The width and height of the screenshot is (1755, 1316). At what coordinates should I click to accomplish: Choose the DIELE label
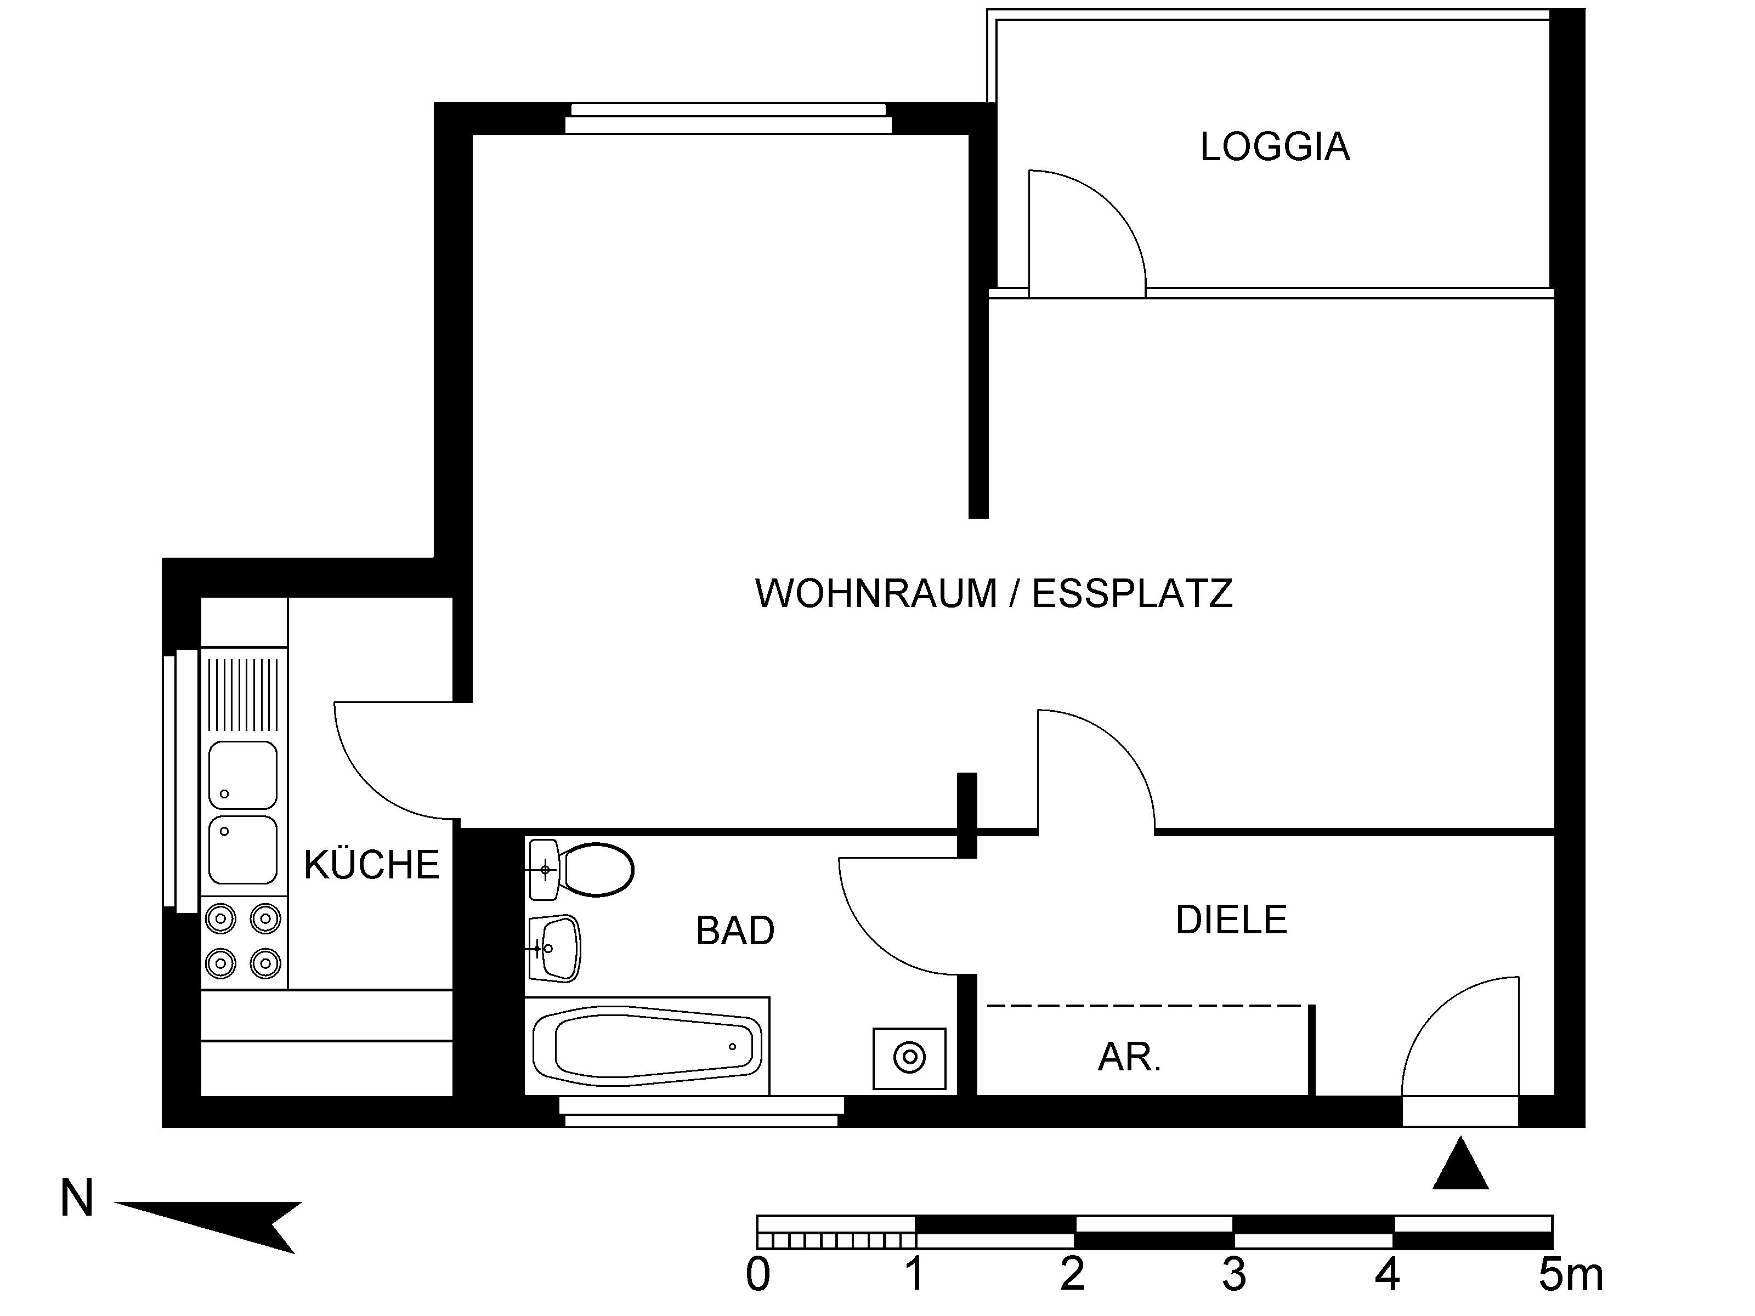click(1231, 920)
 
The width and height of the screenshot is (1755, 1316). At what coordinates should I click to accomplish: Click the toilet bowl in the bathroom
click(595, 870)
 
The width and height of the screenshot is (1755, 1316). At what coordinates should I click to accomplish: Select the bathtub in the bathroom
click(647, 1046)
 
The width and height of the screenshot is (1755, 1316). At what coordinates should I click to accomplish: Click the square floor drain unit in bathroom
click(909, 1058)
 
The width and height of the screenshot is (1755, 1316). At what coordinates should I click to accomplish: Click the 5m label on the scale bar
click(1570, 1275)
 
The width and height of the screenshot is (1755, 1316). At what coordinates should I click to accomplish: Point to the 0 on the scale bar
click(758, 1275)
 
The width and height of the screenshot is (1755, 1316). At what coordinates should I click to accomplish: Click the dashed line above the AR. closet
click(1144, 1005)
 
